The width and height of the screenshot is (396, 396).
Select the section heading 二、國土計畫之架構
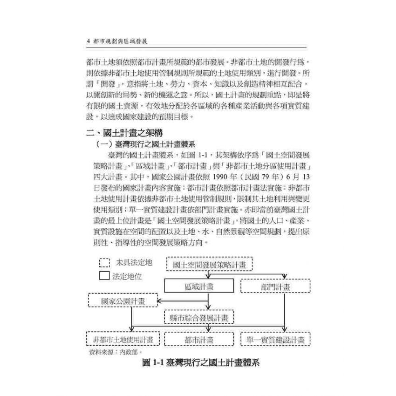(124, 132)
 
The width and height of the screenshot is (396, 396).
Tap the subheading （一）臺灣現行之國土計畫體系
(148, 144)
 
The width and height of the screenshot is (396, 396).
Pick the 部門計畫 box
(275, 285)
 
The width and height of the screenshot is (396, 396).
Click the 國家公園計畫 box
(123, 300)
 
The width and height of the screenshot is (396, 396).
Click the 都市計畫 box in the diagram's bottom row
(199, 339)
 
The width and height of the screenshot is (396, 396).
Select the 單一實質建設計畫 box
(275, 339)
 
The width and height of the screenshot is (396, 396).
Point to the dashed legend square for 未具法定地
(105, 262)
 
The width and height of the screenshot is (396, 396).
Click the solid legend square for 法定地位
(105, 275)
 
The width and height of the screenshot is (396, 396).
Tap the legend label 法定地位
(127, 276)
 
